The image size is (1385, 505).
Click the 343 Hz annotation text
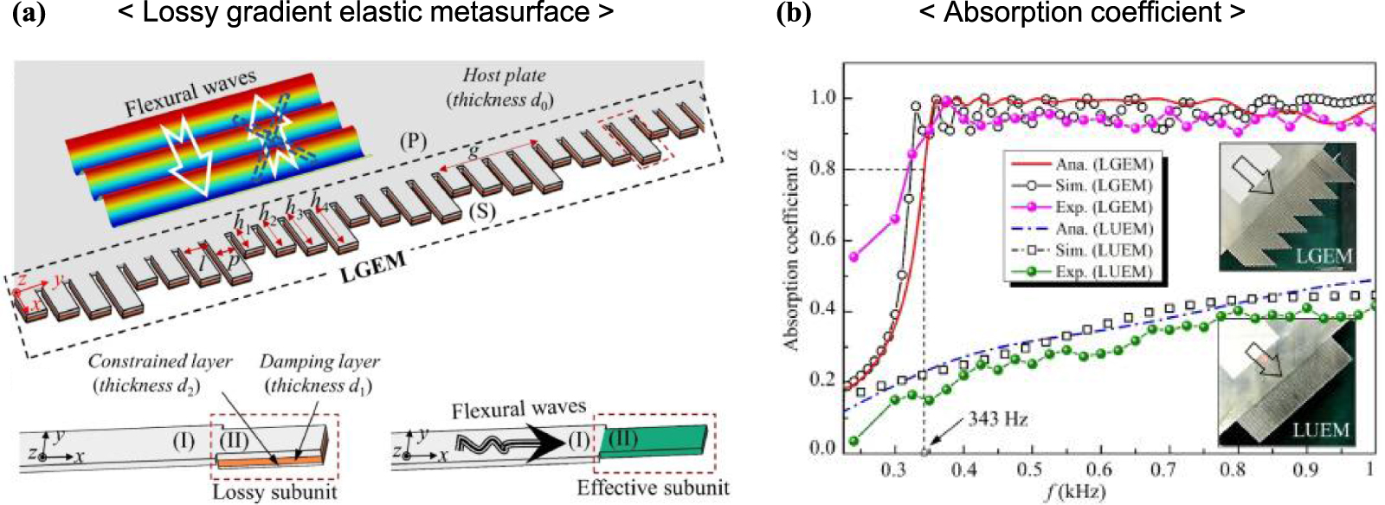click(997, 419)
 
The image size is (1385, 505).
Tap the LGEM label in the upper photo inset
click(1321, 256)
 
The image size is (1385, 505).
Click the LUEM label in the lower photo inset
click(1320, 430)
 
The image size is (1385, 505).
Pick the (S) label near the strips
click(481, 210)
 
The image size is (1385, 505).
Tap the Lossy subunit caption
click(274, 492)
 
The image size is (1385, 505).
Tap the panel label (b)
click(793, 14)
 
